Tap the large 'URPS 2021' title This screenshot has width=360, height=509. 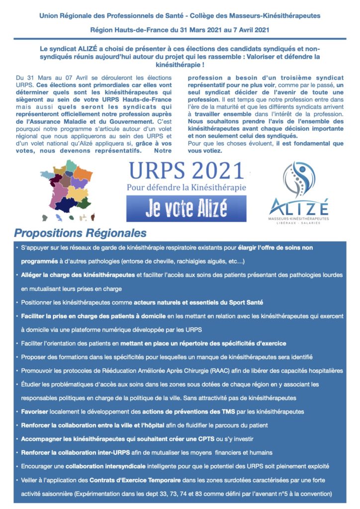pyautogui.click(x=186, y=171)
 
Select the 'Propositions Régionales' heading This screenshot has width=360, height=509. pyautogui.click(x=80, y=233)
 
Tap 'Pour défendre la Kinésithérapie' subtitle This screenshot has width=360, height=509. pyautogui.click(x=186, y=187)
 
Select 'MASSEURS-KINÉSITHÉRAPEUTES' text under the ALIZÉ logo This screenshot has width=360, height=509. pyautogui.click(x=298, y=218)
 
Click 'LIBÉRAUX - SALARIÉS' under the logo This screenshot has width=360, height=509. pyautogui.click(x=298, y=223)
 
